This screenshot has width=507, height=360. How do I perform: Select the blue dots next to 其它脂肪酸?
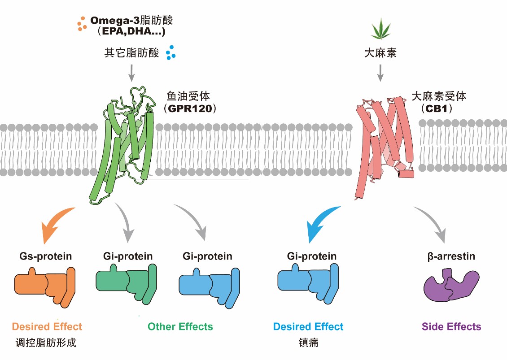pyautogui.click(x=170, y=53)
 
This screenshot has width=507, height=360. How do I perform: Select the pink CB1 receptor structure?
pyautogui.click(x=381, y=143)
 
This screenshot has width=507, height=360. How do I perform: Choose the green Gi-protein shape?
pyautogui.click(x=126, y=282)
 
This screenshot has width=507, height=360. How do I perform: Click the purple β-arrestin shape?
pyautogui.click(x=451, y=285)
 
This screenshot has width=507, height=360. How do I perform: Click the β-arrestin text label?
pyautogui.click(x=451, y=256)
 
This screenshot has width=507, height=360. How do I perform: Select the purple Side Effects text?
pyautogui.click(x=451, y=326)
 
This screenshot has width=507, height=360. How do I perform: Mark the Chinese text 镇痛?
pyautogui.click(x=308, y=343)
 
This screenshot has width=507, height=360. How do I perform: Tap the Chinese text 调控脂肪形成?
pyautogui.click(x=45, y=343)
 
